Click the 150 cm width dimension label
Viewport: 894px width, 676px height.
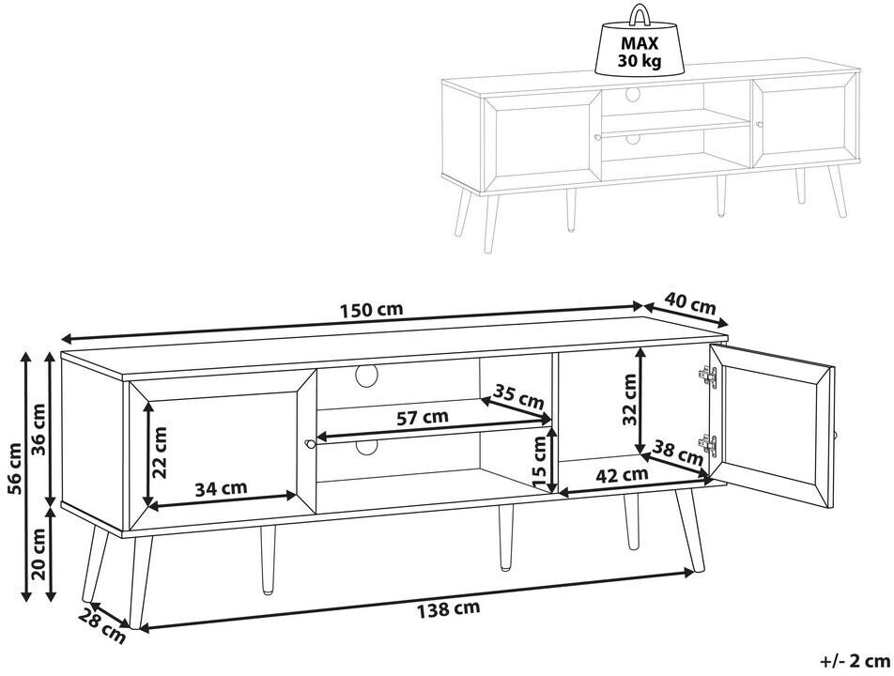[372, 310]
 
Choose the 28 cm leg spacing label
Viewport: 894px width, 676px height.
[101, 625]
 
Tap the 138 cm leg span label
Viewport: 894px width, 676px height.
[448, 608]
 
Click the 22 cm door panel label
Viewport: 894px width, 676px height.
[161, 453]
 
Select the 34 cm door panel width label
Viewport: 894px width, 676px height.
[222, 488]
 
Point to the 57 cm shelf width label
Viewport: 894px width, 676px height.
[423, 417]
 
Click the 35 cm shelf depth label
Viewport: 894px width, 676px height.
[518, 397]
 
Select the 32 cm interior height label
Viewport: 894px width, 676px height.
[628, 400]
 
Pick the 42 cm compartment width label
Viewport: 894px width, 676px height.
[622, 474]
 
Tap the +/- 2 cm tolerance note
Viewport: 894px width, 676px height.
[855, 661]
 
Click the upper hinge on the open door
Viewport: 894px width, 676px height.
[707, 376]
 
